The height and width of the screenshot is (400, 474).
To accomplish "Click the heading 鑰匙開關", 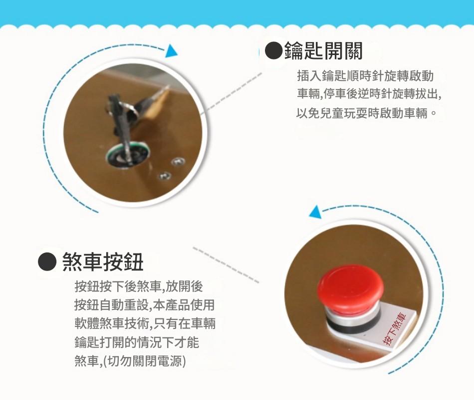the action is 323,51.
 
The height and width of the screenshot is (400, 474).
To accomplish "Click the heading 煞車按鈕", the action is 103,262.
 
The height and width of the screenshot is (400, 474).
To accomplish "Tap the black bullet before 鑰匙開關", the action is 274,51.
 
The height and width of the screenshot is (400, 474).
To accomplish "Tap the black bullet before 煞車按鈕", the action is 47,261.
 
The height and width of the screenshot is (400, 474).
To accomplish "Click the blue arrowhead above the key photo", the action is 171,50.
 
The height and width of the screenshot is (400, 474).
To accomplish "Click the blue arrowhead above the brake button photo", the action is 315,211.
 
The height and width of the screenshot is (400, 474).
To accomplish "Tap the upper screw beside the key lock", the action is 178,162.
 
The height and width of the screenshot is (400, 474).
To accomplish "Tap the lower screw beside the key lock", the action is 165,175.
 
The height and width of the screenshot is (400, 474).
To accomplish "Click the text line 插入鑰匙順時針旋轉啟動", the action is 365,76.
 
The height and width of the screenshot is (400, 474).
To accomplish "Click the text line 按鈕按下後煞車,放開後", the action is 138,286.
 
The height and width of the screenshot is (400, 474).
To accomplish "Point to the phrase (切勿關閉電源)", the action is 145,361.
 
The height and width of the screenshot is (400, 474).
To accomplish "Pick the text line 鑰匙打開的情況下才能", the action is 137,342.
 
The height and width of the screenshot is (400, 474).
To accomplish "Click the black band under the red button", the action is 351,325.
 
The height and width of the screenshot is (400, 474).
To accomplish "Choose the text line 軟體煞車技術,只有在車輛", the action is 145,323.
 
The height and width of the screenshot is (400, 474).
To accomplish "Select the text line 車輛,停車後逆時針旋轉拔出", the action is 369,94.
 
